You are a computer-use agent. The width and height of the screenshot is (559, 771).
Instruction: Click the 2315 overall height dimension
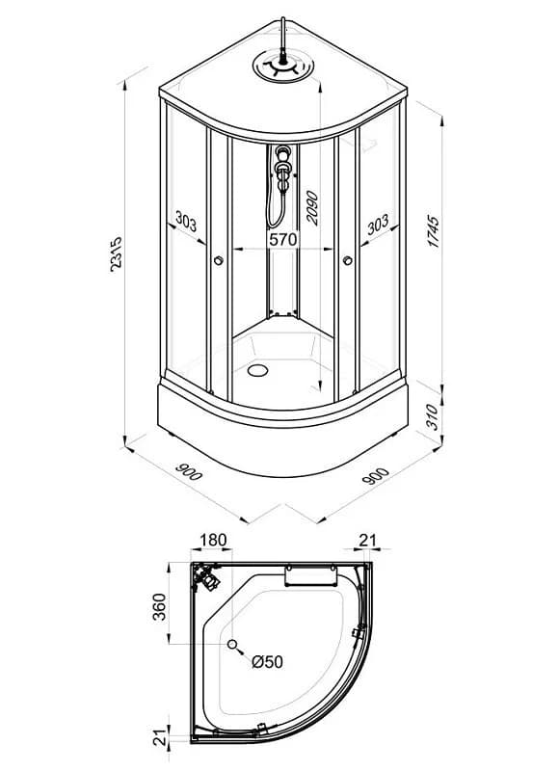[x=116, y=254]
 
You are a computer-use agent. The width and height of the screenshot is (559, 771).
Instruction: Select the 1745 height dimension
[x=434, y=230]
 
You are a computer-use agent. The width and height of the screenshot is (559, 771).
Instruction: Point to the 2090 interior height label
[x=311, y=208]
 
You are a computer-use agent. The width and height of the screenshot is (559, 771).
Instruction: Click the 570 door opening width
[x=283, y=239]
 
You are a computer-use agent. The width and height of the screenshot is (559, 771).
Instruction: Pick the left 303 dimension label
[x=186, y=223]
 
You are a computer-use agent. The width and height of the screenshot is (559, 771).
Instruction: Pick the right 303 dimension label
[x=378, y=225]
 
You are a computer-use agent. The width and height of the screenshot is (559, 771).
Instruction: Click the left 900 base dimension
[x=188, y=471]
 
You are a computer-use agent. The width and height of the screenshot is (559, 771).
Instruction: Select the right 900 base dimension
[x=375, y=475]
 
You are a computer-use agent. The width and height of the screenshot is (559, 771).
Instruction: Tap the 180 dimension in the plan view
[x=213, y=540]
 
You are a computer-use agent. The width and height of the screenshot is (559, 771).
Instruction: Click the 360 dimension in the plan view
[x=160, y=607]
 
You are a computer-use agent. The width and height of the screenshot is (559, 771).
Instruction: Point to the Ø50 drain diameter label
[x=268, y=662]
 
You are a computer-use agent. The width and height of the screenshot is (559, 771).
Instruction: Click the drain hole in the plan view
[x=232, y=644]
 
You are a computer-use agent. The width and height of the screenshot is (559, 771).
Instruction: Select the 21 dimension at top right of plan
[x=367, y=540]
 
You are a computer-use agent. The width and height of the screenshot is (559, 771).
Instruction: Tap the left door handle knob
[x=218, y=260]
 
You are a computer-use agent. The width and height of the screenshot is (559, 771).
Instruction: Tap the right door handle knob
[x=348, y=260]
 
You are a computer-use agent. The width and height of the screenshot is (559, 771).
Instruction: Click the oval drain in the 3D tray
[x=257, y=370]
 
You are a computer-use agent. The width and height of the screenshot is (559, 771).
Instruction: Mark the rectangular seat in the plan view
[x=310, y=575]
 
